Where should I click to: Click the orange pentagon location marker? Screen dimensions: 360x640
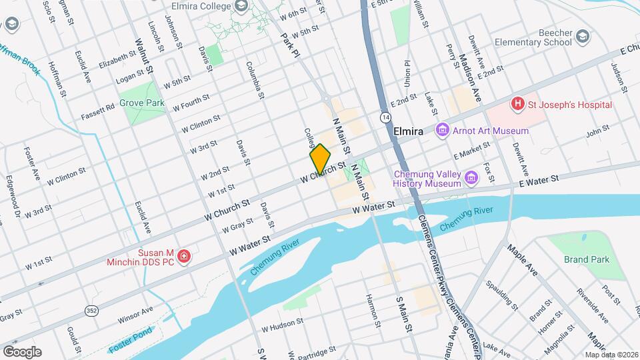tap(320, 159)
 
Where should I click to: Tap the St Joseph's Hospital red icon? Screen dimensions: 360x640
tap(516, 104)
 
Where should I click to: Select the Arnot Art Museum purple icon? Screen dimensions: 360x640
tap(441, 130)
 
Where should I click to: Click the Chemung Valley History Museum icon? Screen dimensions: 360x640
tap(472, 177)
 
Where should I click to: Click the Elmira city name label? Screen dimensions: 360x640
tap(408, 131)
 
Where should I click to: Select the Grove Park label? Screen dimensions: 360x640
tap(141, 103)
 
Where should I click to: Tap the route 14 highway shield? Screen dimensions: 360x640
tap(386, 117)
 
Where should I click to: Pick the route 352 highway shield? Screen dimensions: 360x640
tap(92, 310)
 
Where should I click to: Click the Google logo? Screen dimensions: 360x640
tap(22, 351)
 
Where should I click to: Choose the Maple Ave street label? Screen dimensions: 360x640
tap(522, 261)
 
